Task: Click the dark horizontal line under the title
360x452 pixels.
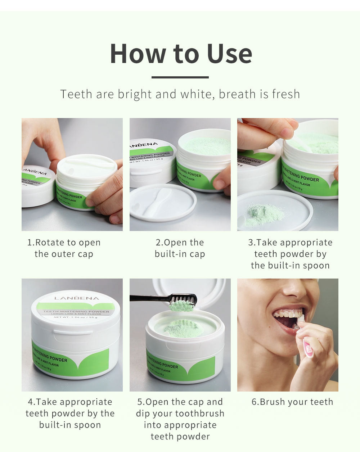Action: (180, 77)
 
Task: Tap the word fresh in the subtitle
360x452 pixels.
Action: (286, 94)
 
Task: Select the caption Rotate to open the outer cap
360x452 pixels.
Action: (64, 248)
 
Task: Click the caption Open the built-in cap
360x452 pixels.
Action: (180, 248)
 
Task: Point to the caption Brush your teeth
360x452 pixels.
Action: (292, 402)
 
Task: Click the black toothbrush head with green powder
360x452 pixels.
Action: (183, 302)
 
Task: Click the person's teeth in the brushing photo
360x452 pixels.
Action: (286, 314)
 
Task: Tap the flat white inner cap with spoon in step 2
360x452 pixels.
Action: (163, 203)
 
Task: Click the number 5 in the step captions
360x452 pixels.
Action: (140, 402)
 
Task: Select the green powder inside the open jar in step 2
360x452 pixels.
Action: (207, 146)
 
